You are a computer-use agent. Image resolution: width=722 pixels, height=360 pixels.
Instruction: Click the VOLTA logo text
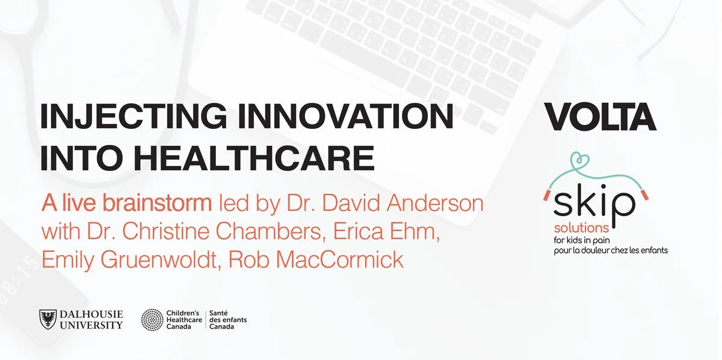click(x=600, y=117)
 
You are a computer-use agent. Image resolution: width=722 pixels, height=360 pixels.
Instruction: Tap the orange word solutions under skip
click(x=581, y=229)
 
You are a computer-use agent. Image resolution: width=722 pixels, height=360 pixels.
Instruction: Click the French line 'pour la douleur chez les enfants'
click(x=611, y=250)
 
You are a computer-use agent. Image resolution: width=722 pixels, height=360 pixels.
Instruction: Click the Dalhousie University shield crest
click(x=49, y=319)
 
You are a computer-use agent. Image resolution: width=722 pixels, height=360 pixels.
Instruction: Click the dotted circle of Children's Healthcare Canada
click(x=152, y=320)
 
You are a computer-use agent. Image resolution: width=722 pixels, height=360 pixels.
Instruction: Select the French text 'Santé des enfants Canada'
click(x=227, y=320)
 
